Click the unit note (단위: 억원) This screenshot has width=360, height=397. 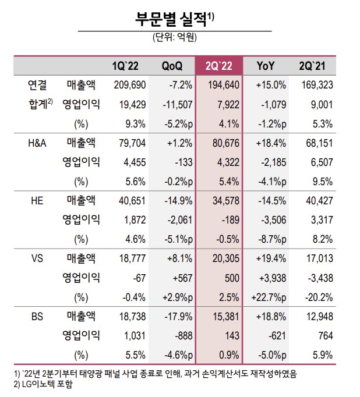pos(175,38)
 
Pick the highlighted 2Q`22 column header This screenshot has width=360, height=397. pos(220,65)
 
